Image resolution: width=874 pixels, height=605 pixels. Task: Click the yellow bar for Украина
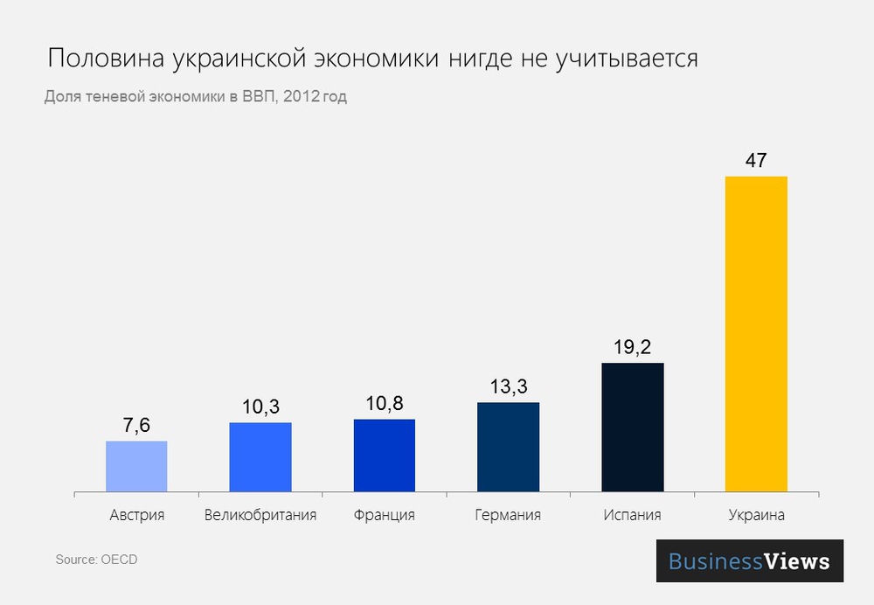tap(756, 333)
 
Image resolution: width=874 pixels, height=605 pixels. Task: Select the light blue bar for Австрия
tap(136, 465)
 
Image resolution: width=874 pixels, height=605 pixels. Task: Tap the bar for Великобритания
tap(260, 456)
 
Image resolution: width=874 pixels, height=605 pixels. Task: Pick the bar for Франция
tap(384, 455)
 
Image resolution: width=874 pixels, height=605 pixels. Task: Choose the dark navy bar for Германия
tap(508, 446)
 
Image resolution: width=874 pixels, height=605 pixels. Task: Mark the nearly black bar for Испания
tap(632, 426)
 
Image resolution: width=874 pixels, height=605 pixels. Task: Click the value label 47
tap(756, 161)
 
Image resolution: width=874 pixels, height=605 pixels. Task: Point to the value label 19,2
tap(632, 347)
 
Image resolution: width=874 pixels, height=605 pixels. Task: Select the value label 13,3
tap(508, 386)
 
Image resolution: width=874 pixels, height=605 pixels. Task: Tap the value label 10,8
tap(384, 403)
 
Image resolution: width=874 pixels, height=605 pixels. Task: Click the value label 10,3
tap(260, 407)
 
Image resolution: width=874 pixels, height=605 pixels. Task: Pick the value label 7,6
tap(136, 425)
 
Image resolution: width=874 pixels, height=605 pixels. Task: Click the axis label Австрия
tap(136, 515)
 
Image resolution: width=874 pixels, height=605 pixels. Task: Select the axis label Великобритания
tap(260, 515)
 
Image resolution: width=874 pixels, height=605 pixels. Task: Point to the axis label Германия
tap(508, 515)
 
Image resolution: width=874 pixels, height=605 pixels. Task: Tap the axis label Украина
tap(756, 515)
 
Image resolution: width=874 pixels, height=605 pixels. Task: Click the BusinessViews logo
tap(749, 560)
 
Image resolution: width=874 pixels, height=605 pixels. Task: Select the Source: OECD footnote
tap(96, 559)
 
